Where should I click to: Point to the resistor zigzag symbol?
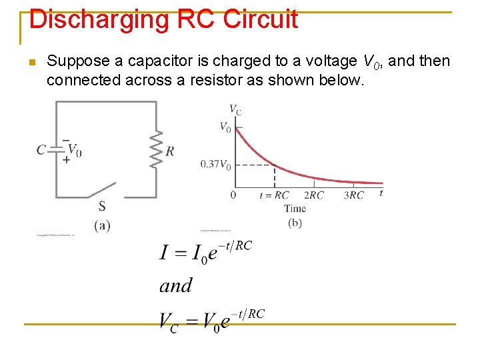(157, 149)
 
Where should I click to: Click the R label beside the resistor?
(171, 151)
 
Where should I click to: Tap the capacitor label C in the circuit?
(41, 149)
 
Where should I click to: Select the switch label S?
(102, 206)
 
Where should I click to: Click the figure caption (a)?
(102, 225)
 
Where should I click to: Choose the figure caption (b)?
(295, 223)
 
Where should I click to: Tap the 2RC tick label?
(313, 195)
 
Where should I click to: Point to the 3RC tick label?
(354, 195)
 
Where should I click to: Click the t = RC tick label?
(274, 195)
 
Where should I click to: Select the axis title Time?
(294, 208)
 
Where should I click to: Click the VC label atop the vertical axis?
(235, 109)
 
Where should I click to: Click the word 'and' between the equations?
(175, 286)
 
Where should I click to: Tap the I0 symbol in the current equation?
(201, 254)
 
